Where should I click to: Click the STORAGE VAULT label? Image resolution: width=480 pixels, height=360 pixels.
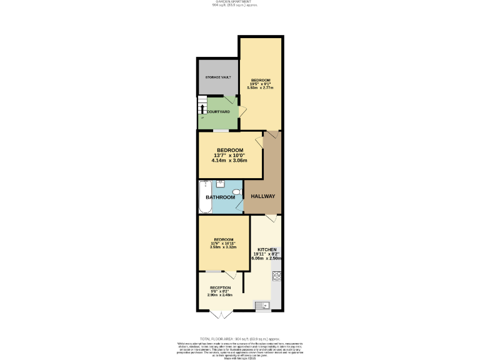pyautogui.click(x=218, y=77)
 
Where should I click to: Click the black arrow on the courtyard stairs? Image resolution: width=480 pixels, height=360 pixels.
pyautogui.click(x=202, y=109)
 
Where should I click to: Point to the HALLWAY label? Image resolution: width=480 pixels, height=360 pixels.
pyautogui.click(x=262, y=196)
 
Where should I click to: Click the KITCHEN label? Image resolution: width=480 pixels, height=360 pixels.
pyautogui.click(x=266, y=249)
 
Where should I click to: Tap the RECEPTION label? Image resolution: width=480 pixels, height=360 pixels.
pyautogui.click(x=221, y=287)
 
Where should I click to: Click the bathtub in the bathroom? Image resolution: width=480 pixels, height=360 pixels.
pyautogui.click(x=204, y=197)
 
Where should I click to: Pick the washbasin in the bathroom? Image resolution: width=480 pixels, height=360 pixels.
pyautogui.click(x=221, y=183)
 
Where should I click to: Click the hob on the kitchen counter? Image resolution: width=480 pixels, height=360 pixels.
pyautogui.click(x=276, y=276)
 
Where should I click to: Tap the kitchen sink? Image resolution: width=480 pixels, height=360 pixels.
pyautogui.click(x=262, y=305)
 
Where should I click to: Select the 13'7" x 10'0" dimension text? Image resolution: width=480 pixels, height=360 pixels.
pyautogui.click(x=229, y=156)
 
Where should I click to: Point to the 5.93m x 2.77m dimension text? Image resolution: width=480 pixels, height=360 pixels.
pyautogui.click(x=260, y=87)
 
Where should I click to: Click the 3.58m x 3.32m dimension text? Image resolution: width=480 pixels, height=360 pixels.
pyautogui.click(x=223, y=247)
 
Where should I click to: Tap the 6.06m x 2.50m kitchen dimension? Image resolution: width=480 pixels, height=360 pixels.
pyautogui.click(x=266, y=257)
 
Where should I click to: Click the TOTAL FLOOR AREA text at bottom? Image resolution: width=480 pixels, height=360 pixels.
pyautogui.click(x=239, y=338)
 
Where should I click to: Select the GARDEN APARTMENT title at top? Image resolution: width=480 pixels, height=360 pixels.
pyautogui.click(x=239, y=2)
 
